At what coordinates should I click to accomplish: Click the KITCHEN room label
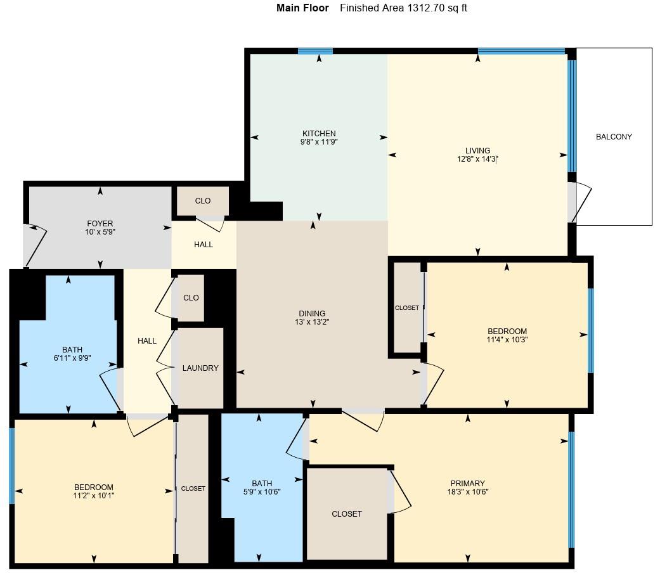coord(319,133)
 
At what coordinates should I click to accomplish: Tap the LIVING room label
coord(477,151)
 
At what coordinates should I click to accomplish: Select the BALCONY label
coord(614,137)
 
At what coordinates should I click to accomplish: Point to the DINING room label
coord(312,313)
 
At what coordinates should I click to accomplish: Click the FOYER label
coord(100,223)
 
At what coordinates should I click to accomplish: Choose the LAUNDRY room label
coord(200,368)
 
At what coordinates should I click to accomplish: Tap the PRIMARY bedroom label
coord(468,483)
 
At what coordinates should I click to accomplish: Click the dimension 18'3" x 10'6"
coord(468,492)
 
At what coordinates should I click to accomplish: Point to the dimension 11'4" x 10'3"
coord(507,340)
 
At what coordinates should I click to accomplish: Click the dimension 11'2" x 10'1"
coord(94,496)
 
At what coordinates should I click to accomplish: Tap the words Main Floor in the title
coord(302,8)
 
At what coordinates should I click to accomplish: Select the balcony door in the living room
coord(579,202)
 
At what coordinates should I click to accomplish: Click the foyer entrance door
coord(35,246)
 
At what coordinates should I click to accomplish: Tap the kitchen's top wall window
coord(315,51)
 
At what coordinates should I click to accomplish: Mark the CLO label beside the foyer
coord(202,201)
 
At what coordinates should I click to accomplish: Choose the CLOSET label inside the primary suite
coord(347,514)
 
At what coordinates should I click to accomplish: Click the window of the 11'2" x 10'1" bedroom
coord(12,466)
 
